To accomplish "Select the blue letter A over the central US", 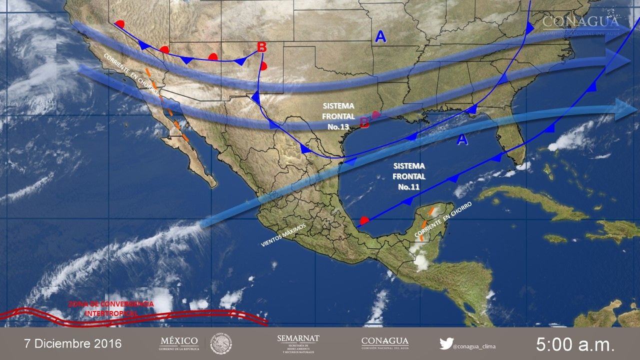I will [x=380, y=36].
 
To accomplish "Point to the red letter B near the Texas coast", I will [x=364, y=122].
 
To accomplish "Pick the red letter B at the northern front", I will [x=261, y=47].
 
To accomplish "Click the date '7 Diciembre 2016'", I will [x=73, y=344].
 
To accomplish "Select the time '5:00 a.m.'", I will [x=575, y=344].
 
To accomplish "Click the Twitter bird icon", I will [x=446, y=343].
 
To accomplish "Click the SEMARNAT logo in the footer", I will [x=298, y=343].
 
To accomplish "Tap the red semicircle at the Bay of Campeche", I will [x=364, y=220].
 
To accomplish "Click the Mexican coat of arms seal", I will [x=220, y=343].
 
